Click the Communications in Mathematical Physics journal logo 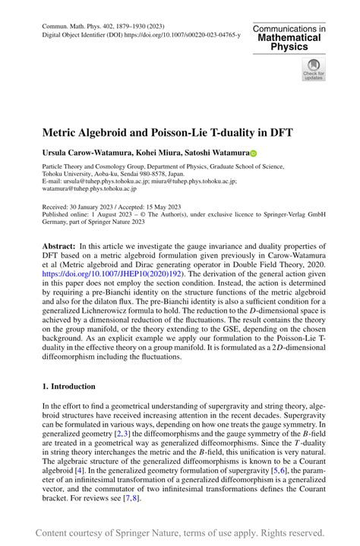coord(289,37)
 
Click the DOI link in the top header coord(178,35)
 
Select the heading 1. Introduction coord(69,386)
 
